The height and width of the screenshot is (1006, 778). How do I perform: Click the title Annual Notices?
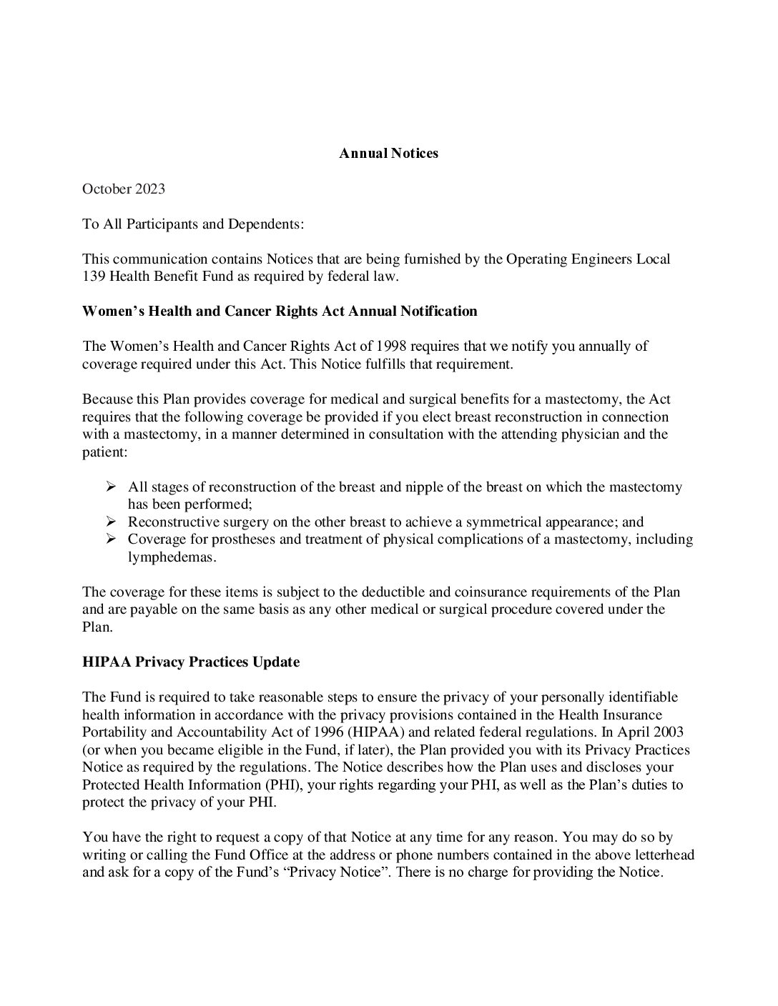pyautogui.click(x=388, y=154)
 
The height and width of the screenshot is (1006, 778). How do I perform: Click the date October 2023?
pyautogui.click(x=124, y=189)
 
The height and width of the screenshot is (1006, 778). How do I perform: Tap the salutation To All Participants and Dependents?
pyautogui.click(x=193, y=224)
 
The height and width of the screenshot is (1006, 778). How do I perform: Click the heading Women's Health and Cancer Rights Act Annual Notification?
pyautogui.click(x=280, y=311)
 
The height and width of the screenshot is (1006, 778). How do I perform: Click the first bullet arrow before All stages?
pyautogui.click(x=111, y=487)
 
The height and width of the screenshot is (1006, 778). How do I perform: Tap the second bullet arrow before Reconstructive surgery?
pyautogui.click(x=111, y=522)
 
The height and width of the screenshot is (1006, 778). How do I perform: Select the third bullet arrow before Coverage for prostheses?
pyautogui.click(x=111, y=539)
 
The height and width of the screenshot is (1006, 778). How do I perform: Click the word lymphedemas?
pyautogui.click(x=172, y=557)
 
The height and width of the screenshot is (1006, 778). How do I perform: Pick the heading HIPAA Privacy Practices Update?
pyautogui.click(x=191, y=662)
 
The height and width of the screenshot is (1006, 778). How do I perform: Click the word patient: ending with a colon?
pyautogui.click(x=104, y=452)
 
